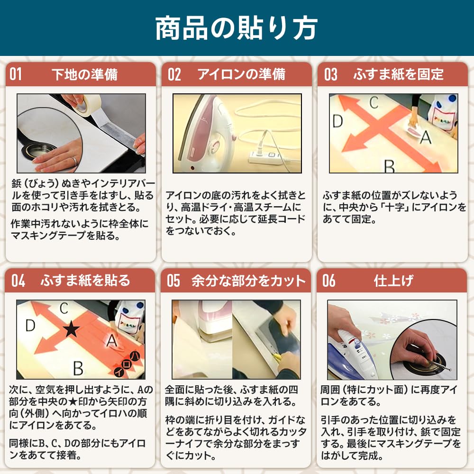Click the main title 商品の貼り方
237,28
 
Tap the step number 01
16,74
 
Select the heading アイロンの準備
241,74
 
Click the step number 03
330,74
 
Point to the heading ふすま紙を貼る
85,281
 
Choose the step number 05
173,281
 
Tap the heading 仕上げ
393,281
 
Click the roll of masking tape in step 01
87,104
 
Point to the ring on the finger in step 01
74,161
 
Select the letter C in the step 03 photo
374,103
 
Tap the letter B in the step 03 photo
389,166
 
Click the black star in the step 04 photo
72,329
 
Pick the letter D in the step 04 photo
30,326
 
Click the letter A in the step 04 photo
112,340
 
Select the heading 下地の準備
84,74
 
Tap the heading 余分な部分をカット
248,281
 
